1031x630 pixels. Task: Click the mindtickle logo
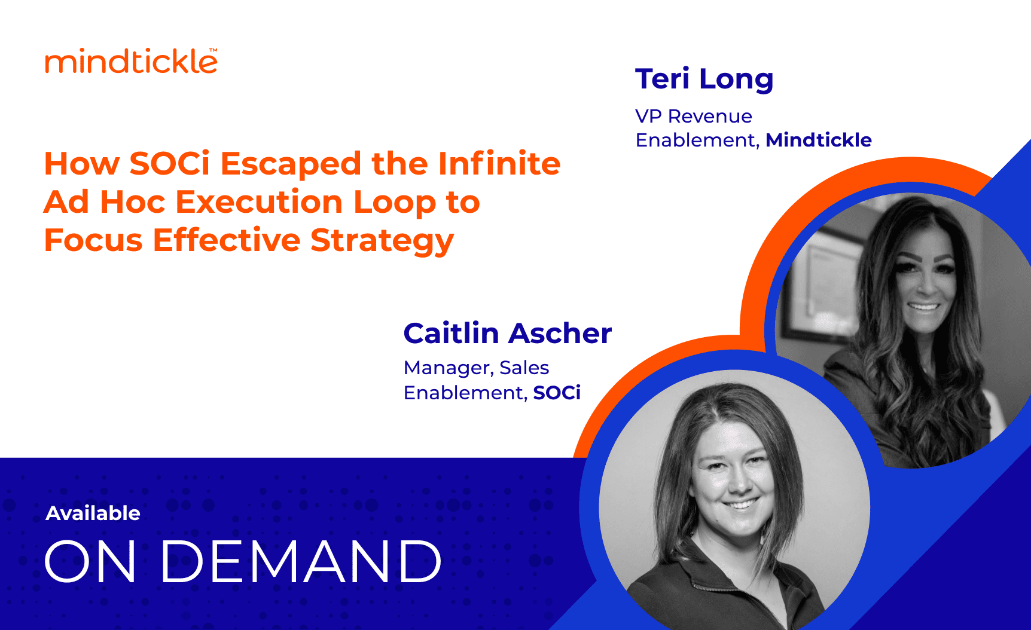coord(131,61)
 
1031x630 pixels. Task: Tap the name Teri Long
coord(704,79)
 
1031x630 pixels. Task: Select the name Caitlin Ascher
coord(508,333)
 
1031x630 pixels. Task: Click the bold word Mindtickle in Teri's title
coord(819,140)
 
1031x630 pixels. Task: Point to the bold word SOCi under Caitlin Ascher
coord(557,393)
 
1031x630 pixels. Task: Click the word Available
coord(93,513)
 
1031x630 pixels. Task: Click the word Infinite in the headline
coord(499,163)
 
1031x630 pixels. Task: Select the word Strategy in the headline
coord(382,241)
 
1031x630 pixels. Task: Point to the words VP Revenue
coord(694,116)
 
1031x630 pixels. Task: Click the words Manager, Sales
coord(476,368)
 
